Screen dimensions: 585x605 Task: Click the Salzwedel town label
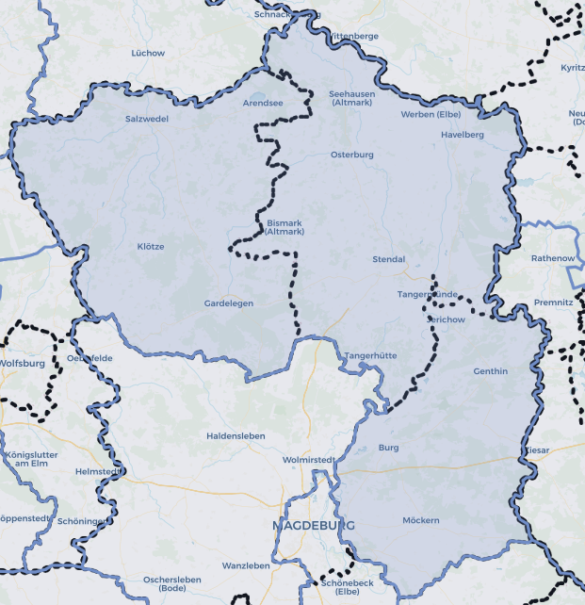(147, 119)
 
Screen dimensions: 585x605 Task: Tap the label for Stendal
(389, 259)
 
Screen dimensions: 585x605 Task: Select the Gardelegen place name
(229, 303)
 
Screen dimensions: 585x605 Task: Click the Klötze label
(151, 247)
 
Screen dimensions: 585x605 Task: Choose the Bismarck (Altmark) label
(284, 227)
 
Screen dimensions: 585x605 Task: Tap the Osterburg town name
(352, 155)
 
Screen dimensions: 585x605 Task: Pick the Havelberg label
(463, 135)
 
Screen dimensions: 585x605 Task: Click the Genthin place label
(490, 371)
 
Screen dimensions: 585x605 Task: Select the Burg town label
(389, 448)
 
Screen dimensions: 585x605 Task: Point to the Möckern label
(420, 520)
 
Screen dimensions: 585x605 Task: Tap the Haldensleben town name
(236, 436)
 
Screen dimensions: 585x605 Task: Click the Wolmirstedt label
(309, 460)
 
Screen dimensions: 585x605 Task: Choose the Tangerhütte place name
(370, 355)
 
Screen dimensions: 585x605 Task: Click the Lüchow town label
(148, 53)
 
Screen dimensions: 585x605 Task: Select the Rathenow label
(552, 258)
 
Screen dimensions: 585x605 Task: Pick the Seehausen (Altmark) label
(351, 98)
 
